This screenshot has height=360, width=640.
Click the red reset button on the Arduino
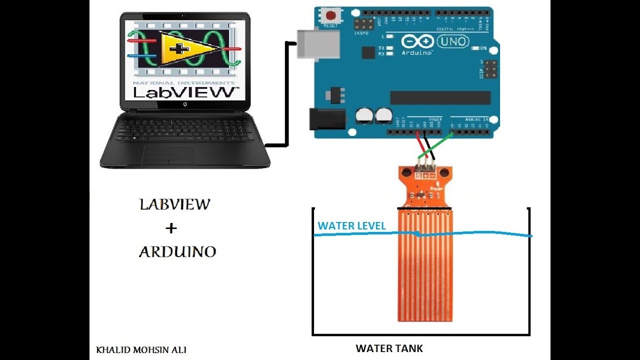click(x=330, y=13)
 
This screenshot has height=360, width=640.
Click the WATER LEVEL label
click(x=352, y=226)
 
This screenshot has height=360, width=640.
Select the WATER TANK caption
click(x=389, y=348)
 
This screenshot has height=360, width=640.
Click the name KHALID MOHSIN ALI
click(x=141, y=350)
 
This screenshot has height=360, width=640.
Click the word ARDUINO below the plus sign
click(x=177, y=251)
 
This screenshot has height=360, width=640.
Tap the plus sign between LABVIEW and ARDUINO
click(x=171, y=228)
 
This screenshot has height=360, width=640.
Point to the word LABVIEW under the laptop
click(x=174, y=204)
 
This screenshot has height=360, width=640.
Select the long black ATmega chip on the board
click(x=440, y=97)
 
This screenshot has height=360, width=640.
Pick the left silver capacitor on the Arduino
click(x=364, y=116)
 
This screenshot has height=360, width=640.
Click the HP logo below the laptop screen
click(x=184, y=104)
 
